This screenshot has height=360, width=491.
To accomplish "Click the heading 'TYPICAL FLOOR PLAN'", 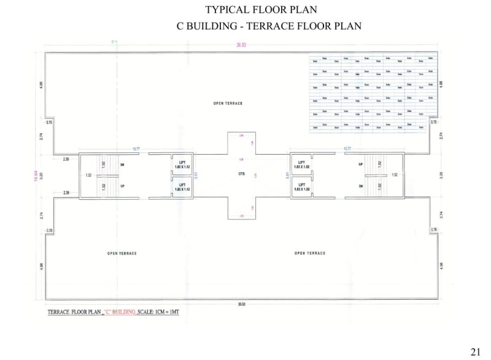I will pos(261,10).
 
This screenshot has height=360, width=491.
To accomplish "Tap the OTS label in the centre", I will pos(242,174).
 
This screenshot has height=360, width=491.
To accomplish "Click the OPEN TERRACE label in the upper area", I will pos(228,103).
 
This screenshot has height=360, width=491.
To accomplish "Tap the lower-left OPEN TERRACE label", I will pos(122,253).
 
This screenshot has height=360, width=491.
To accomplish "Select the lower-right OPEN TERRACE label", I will pos(309,253).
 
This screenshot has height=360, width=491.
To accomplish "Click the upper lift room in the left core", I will pos(182,164).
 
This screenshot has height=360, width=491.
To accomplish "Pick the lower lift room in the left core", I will pos(182,186).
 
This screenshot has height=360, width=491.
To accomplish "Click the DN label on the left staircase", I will pos(122,165).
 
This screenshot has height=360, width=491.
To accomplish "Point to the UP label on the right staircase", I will pos(360,165).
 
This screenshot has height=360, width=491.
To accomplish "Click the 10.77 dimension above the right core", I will pos(347,149).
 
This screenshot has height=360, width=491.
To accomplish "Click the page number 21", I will pos(475,351).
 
